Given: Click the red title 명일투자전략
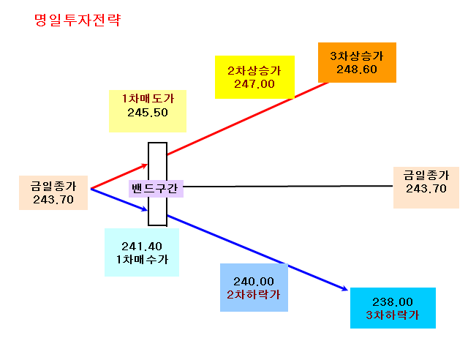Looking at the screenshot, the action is pos(78,20).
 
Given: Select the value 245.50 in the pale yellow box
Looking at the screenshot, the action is pos(148,113).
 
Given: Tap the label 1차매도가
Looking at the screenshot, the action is pos(148,99).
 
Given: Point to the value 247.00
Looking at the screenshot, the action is pos(254,84).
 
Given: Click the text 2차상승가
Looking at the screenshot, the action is pos(254,71).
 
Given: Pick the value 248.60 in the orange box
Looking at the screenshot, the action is pos(357,70).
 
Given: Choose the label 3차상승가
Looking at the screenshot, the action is pos(357,56).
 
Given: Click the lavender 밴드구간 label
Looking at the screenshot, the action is pos(155,188).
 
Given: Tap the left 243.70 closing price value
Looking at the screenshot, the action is pos(53,200).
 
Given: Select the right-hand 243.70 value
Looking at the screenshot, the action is pos(426,189).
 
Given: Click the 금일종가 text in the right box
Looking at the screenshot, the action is pos(426,175).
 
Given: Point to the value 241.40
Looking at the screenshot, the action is pos(142,247).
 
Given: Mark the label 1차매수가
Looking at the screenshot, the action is pos(142,259).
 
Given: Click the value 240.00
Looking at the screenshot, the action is pos(254,282).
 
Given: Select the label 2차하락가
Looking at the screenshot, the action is pos(254,295).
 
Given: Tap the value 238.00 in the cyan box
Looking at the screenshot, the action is pos(393,302).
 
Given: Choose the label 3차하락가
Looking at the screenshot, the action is pos(393,315).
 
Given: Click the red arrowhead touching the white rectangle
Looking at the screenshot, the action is pos(145,165).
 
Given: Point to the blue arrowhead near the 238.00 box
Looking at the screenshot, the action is pos(344,288).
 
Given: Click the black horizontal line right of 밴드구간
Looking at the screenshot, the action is pos(288,186).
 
